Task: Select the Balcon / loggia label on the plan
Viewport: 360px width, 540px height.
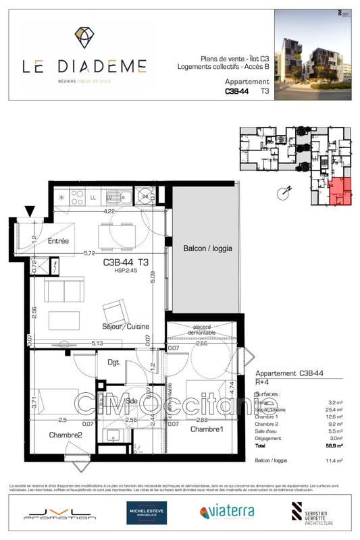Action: point(207,248)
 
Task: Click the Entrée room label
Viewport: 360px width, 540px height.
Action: point(59,241)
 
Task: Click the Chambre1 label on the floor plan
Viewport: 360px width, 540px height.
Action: point(206,429)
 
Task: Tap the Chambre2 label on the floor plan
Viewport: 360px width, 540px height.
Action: point(65,435)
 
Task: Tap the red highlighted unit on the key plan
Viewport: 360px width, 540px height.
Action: point(340,190)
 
